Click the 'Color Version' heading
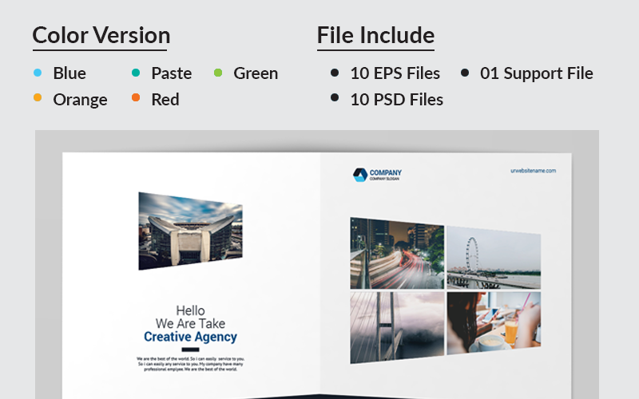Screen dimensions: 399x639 [101, 35]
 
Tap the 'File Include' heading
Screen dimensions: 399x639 [375, 35]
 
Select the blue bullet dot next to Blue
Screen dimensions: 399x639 [38, 73]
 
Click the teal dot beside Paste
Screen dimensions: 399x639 [136, 73]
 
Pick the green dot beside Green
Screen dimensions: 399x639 [218, 73]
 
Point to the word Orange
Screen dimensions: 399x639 [80, 100]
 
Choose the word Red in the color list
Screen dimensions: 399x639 [165, 100]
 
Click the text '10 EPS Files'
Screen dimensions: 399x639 [395, 73]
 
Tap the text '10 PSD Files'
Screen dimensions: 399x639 [396, 100]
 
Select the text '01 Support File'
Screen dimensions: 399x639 [536, 73]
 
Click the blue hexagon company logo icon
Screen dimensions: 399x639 [359, 175]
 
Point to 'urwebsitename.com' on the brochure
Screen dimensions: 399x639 [533, 171]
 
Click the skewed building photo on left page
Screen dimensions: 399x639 [189, 230]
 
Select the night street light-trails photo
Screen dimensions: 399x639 [397, 254]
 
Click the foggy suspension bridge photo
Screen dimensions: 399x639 [397, 327]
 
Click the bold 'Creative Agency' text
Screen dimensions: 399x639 [190, 338]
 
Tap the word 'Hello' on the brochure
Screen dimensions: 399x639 [190, 310]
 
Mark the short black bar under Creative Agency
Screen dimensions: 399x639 [190, 350]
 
